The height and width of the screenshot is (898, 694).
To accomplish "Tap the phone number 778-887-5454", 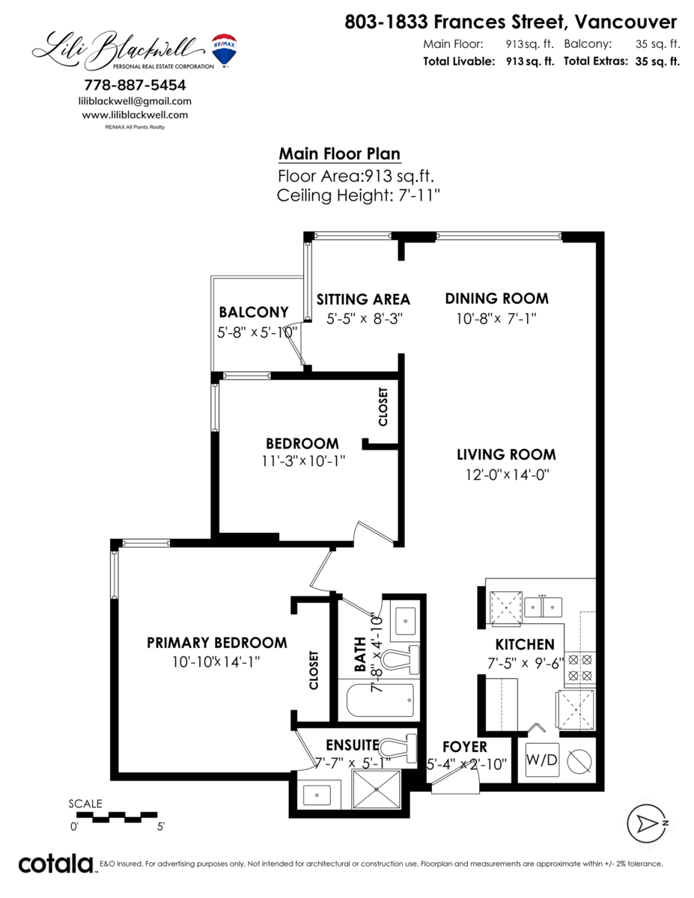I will pyautogui.click(x=135, y=85).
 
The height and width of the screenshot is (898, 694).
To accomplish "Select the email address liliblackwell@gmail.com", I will pyautogui.click(x=135, y=101).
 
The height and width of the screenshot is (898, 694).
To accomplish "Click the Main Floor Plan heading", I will pyautogui.click(x=339, y=154).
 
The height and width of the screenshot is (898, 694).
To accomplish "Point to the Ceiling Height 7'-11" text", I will pyautogui.click(x=358, y=196).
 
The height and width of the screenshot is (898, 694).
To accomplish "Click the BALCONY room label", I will pyautogui.click(x=253, y=312).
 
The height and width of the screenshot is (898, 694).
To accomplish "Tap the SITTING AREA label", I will pyautogui.click(x=363, y=299).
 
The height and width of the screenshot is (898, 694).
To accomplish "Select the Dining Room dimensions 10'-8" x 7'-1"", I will pyautogui.click(x=496, y=318).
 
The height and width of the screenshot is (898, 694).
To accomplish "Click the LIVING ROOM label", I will pyautogui.click(x=507, y=454).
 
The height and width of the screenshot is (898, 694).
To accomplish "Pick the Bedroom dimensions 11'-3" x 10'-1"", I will pyautogui.click(x=302, y=461).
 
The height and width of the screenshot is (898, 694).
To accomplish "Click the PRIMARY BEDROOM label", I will pyautogui.click(x=216, y=643).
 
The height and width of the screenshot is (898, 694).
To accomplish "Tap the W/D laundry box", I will pyautogui.click(x=542, y=760).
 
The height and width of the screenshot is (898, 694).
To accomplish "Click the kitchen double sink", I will pyautogui.click(x=544, y=605).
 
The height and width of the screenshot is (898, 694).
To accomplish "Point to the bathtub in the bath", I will pyautogui.click(x=379, y=701).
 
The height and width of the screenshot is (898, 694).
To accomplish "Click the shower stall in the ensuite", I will pyautogui.click(x=377, y=789).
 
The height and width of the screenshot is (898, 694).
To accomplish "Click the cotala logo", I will pyautogui.click(x=55, y=864).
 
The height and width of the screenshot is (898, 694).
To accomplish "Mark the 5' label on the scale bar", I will pyautogui.click(x=160, y=827).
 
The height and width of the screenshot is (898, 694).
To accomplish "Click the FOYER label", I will pyautogui.click(x=464, y=747).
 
